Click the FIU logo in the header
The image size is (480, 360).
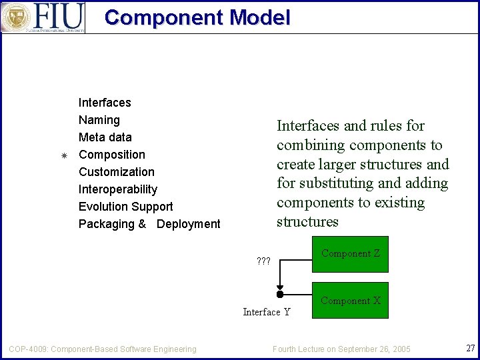coord(43,17)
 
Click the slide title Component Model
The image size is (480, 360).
coord(197,17)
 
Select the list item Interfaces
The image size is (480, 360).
coord(105,103)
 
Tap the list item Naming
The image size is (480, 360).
coord(99,120)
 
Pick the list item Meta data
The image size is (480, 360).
coord(105,137)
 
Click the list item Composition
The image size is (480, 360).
coord(112,155)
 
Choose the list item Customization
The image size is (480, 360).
coord(117,172)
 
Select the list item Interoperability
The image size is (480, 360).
coord(118,189)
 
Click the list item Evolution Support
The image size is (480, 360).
coord(126,207)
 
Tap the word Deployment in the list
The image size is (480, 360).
coord(188,224)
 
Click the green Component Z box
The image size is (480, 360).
coord(350,254)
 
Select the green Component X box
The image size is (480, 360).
coord(350,301)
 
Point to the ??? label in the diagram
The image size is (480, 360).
coord(263,261)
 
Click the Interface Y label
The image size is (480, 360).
coord(267,312)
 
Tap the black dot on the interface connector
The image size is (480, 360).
coord(280,294)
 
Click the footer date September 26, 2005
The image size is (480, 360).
coord(374,349)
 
